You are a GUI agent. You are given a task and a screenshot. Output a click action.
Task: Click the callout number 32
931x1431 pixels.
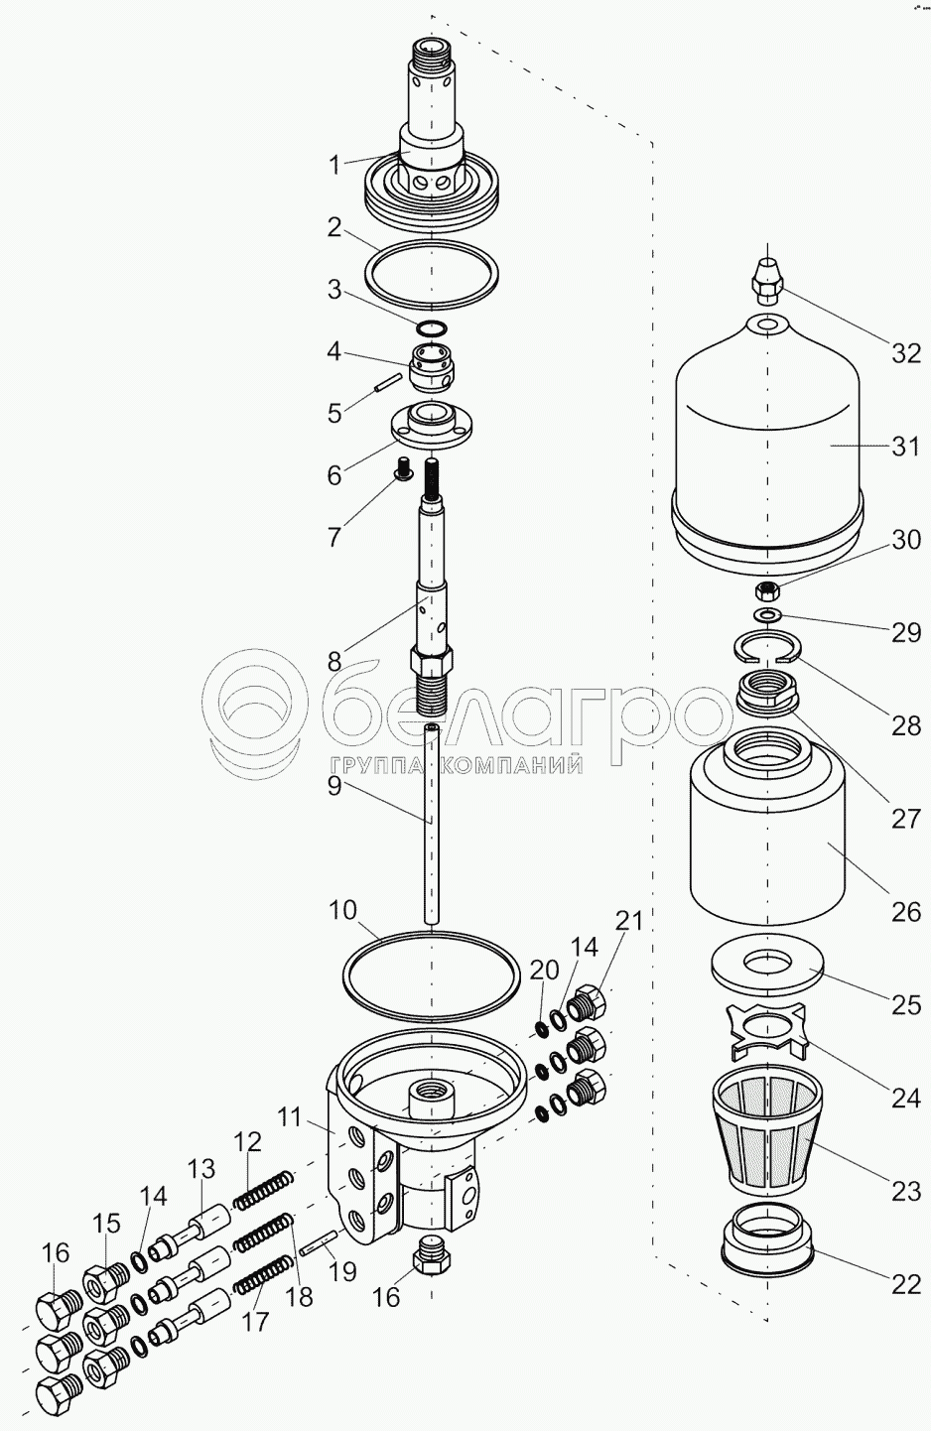click(905, 352)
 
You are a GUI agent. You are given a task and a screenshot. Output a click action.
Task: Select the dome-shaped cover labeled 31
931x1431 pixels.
click(768, 441)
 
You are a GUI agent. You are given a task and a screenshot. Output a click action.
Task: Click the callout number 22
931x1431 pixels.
click(905, 1284)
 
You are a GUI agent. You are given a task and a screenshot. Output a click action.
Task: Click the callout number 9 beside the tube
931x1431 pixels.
click(334, 785)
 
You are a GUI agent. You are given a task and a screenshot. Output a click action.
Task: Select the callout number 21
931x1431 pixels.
click(629, 921)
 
